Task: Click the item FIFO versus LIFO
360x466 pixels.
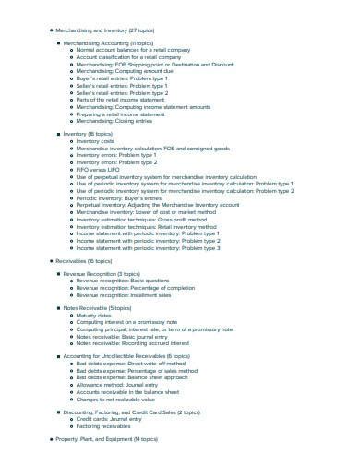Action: tap(100, 170)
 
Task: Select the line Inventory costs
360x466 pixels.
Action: tap(98, 141)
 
